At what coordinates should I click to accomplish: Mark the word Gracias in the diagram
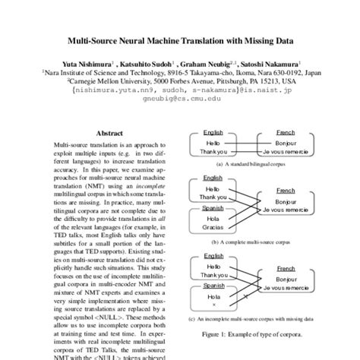(x=213, y=227)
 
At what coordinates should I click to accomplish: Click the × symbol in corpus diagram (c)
(x=213, y=305)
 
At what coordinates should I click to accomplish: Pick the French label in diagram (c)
(x=286, y=268)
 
